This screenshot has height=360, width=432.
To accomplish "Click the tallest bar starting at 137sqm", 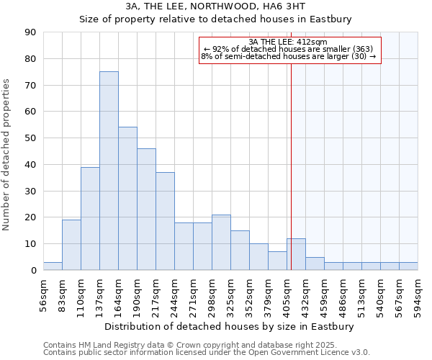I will (109, 171).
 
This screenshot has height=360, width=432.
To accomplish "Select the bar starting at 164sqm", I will (127, 198).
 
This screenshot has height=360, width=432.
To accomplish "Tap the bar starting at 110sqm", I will (90, 218).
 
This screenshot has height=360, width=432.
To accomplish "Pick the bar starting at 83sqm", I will (71, 245).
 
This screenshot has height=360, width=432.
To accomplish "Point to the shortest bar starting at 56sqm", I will (53, 266).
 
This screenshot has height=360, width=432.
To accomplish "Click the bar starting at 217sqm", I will (165, 221).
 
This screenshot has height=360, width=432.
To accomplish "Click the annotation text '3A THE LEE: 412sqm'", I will (288, 42).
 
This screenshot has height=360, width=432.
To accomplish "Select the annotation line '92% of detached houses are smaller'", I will (288, 49).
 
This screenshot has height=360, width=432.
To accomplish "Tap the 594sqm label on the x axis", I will (418, 294).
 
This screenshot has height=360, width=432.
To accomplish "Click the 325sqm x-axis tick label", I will (231, 294).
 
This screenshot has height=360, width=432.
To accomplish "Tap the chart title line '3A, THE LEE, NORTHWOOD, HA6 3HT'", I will (215, 6).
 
